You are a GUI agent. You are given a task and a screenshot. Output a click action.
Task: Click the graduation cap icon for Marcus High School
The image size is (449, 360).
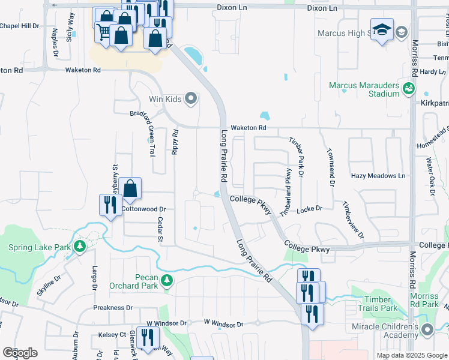[x=382, y=29]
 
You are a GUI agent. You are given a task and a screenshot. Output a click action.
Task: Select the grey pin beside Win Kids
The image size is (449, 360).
[x=191, y=98]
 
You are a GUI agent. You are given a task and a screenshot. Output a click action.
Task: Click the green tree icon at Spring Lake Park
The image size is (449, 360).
[x=79, y=247]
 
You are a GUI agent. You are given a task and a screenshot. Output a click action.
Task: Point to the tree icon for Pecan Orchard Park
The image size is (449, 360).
[x=168, y=280]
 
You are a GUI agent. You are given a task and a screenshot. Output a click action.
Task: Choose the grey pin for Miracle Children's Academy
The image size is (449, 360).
[x=427, y=329]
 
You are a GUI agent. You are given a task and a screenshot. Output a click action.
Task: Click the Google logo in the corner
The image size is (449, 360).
[x=20, y=353]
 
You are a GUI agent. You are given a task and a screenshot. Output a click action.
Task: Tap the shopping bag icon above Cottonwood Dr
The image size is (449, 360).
[x=130, y=188]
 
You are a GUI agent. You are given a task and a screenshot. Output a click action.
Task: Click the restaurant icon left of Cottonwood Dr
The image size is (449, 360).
[x=110, y=205]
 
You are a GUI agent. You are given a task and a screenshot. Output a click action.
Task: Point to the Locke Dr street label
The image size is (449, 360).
[x=310, y=209]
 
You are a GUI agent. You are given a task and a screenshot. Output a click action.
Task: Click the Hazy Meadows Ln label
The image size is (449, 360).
[x=378, y=176]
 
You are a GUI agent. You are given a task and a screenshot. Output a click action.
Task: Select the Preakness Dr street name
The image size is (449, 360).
[x=113, y=308]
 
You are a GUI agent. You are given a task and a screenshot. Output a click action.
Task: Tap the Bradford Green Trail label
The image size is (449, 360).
[x=151, y=134]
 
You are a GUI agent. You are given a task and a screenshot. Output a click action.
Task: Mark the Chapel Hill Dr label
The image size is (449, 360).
[x=19, y=26]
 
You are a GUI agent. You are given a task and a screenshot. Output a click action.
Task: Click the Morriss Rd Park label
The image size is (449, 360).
[x=424, y=301]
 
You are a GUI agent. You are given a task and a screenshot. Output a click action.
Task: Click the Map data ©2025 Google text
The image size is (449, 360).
[x=411, y=355]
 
